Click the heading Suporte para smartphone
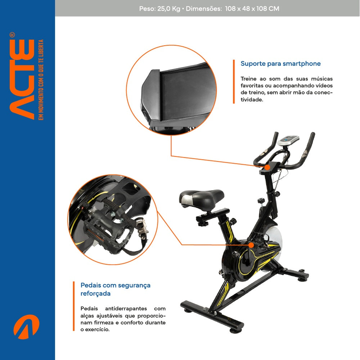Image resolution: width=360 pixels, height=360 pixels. (x=280, y=64)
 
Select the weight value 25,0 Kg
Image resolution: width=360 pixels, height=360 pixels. (x=168, y=9)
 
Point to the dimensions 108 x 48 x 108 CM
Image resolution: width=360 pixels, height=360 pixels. (x=252, y=9)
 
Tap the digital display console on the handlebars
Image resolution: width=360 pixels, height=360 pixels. (x=289, y=140)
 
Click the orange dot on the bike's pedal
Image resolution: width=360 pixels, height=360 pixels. (x=251, y=245)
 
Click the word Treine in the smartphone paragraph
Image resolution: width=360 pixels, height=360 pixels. (x=249, y=78)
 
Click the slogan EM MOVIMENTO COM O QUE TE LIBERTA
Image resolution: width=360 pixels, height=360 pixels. (x=41, y=80)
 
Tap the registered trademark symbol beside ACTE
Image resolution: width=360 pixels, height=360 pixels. (x=12, y=35)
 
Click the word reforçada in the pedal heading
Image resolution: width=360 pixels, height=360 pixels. (x=95, y=293)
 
